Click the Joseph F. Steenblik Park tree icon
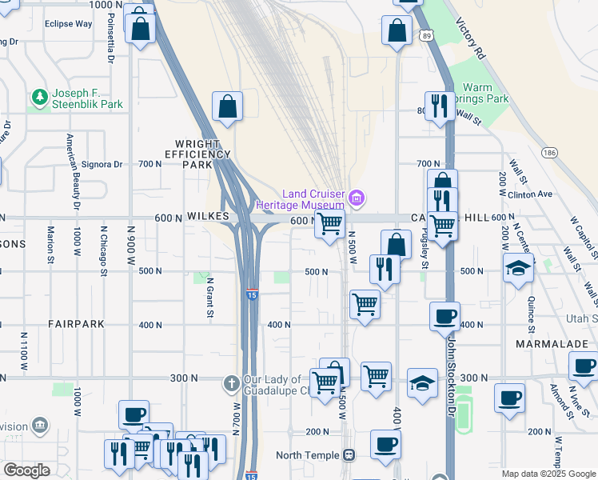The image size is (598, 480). tap(38, 97)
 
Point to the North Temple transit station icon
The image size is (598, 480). tap(349, 455)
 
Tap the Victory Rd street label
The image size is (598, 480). tap(470, 40)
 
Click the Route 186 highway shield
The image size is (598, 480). tap(548, 151)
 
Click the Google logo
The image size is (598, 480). tap(26, 470)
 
